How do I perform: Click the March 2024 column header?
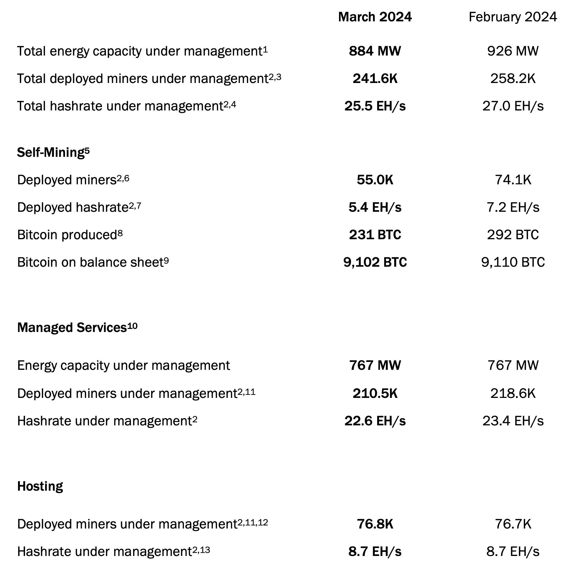(375, 17)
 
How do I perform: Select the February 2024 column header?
(513, 17)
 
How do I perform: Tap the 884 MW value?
(375, 51)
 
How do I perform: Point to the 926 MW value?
(513, 51)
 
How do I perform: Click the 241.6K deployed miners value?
(375, 79)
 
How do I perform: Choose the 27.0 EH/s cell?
(513, 106)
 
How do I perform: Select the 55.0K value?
(375, 180)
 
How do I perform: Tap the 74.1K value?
(513, 180)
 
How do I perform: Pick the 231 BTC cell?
(375, 235)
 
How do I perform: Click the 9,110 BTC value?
(513, 262)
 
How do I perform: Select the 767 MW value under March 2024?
(375, 366)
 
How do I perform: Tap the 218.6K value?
(513, 394)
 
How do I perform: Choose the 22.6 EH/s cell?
(375, 421)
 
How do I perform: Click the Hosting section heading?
(40, 486)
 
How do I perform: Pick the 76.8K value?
(375, 524)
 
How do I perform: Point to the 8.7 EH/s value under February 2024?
(513, 552)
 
